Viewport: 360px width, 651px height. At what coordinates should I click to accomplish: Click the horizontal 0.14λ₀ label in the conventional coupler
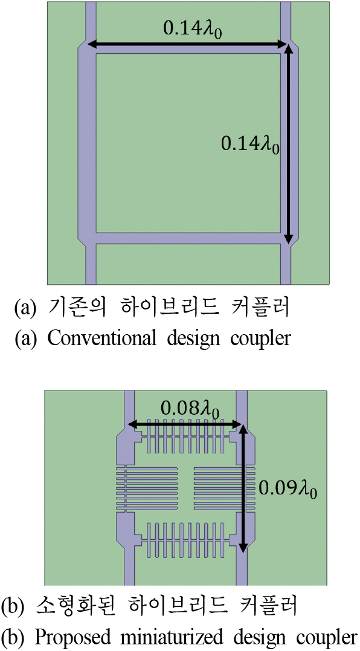coord(192,30)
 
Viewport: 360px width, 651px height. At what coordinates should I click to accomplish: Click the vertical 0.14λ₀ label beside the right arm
coord(249,144)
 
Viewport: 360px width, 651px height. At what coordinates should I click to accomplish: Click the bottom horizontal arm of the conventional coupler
coord(188,238)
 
